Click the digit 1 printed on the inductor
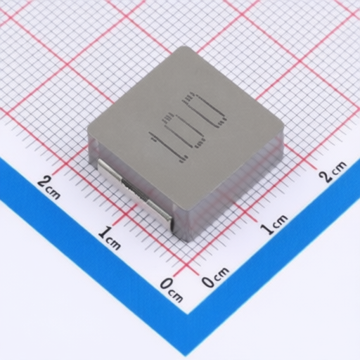(168, 147)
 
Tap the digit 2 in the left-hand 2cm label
(44, 181)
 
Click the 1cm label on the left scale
(109, 238)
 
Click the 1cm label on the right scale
(274, 224)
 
